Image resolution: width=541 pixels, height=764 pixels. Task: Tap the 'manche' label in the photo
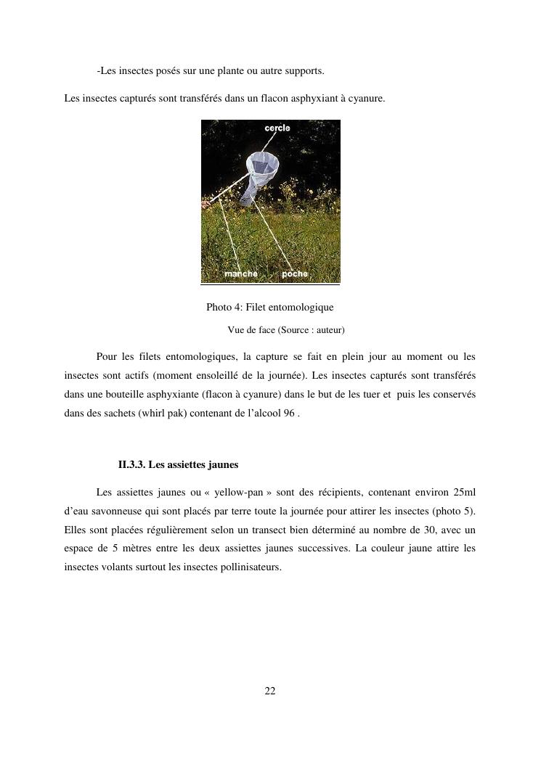pos(240,274)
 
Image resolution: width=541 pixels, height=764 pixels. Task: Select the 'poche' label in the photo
pos(295,274)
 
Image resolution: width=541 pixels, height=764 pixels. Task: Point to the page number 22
pos(270,691)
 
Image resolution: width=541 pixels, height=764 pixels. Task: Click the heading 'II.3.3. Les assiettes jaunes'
pos(178,464)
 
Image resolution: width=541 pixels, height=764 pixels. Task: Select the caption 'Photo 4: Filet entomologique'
pos(270,308)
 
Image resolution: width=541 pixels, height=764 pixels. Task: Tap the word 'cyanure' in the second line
pos(367,97)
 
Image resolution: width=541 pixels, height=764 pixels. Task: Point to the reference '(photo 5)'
pos(457,511)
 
